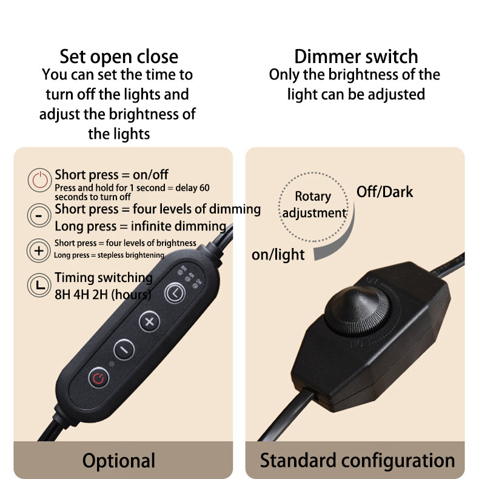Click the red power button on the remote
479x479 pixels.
tap(99, 378)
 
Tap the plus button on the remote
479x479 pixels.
tap(149, 321)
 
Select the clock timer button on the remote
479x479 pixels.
tap(175, 293)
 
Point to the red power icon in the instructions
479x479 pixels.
tap(39, 180)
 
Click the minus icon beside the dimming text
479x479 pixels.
tap(39, 215)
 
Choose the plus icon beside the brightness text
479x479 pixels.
tap(39, 250)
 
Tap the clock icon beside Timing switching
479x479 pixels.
tap(39, 285)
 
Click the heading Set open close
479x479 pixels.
tap(119, 57)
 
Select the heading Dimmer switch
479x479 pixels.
tap(356, 57)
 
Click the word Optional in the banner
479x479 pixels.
tap(119, 461)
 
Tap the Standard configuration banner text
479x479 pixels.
tap(357, 461)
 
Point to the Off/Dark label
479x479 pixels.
tap(384, 192)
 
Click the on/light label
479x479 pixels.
tap(278, 255)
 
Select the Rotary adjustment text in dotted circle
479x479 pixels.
tap(314, 205)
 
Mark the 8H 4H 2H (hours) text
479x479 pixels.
tap(103, 295)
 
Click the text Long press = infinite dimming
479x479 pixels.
tap(141, 226)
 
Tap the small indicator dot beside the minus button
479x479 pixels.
tap(112, 364)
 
